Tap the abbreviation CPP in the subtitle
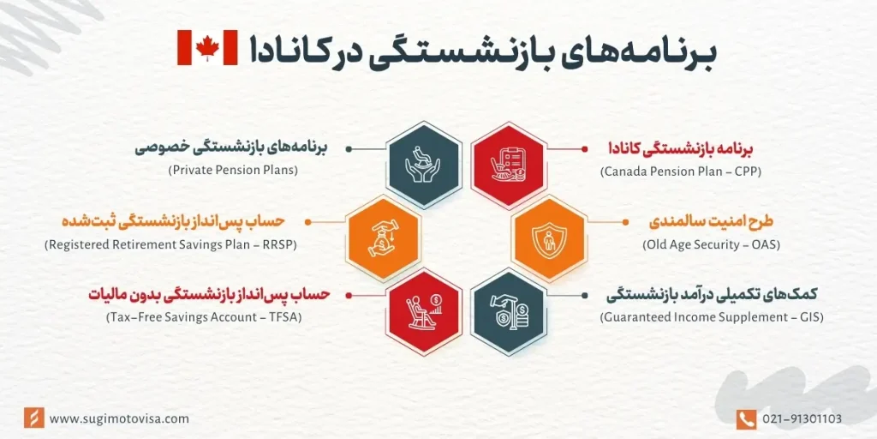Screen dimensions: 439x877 pyautogui.click(x=747, y=171)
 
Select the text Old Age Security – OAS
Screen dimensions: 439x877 pyautogui.click(x=711, y=245)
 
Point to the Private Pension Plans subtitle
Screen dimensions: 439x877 pyautogui.click(x=233, y=171)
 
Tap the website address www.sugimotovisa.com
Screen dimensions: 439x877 pyautogui.click(x=119, y=418)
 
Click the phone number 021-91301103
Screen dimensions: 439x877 pyautogui.click(x=801, y=418)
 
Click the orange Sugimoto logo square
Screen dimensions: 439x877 pyautogui.click(x=33, y=418)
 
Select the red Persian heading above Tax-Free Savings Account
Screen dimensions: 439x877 pyautogui.click(x=208, y=295)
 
